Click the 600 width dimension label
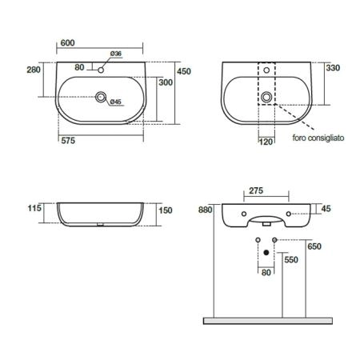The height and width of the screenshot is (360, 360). click(67, 42)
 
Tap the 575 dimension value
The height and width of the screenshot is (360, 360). click(68, 141)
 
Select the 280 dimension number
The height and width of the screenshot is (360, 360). click(34, 70)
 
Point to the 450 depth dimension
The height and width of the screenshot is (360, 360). click(184, 71)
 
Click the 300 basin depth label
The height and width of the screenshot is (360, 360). click(166, 82)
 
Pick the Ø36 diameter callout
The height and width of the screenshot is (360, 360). click(116, 54)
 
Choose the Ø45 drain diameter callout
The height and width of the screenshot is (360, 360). click(116, 102)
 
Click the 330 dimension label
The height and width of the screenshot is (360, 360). click(333, 68)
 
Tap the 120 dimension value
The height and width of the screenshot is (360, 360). click(266, 142)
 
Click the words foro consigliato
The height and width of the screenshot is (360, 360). click(318, 138)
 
